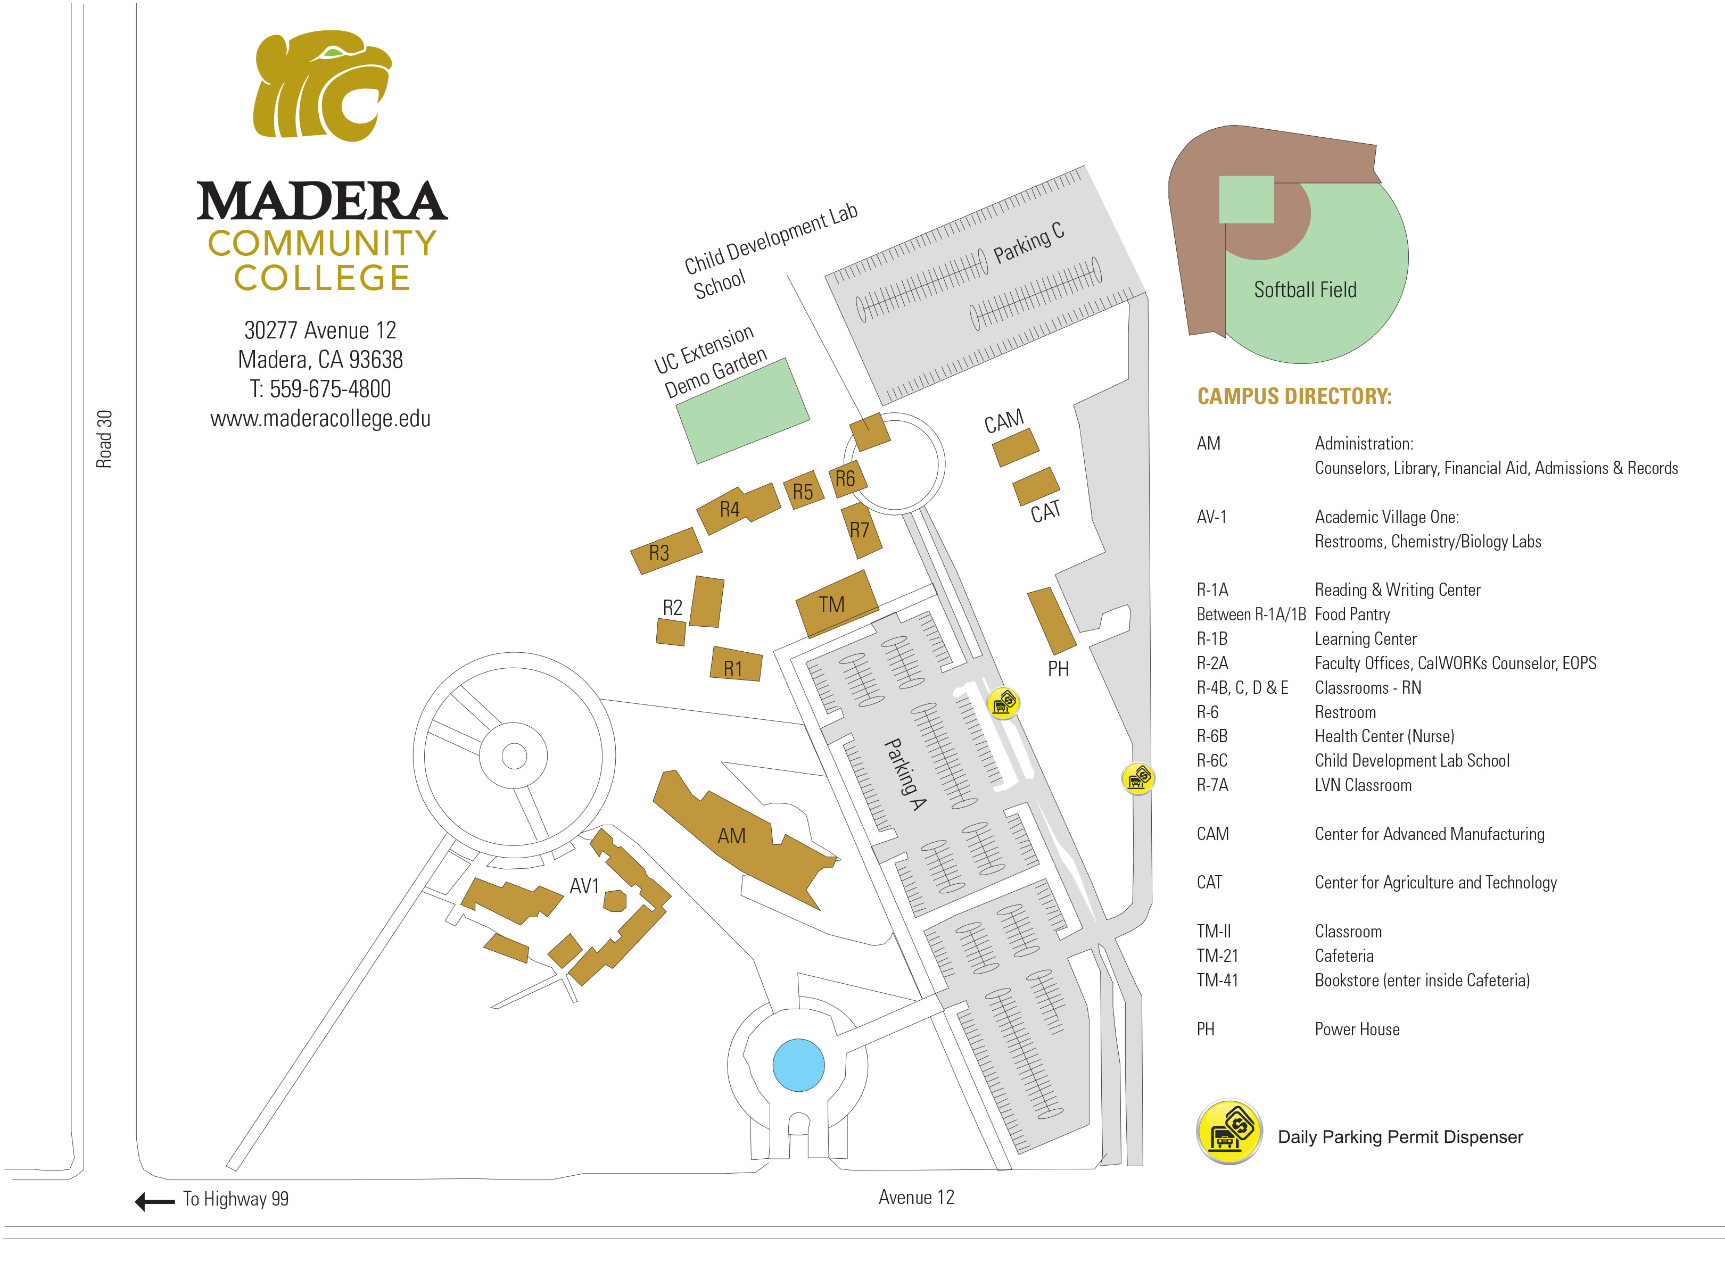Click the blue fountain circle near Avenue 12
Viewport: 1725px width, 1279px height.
[x=798, y=1065]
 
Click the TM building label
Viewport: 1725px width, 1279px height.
[x=831, y=604]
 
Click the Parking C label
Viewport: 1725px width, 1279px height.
[x=1029, y=242]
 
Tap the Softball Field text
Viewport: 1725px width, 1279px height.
[x=1305, y=289]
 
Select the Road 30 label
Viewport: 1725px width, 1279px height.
[x=104, y=439]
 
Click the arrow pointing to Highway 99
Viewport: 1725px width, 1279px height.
[x=155, y=1201]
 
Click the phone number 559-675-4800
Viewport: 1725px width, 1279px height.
[x=330, y=389]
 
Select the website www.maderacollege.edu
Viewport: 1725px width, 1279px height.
[x=320, y=419]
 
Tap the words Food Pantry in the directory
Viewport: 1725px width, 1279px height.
[x=1352, y=614]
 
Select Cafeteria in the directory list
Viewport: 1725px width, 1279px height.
[x=1344, y=956]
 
